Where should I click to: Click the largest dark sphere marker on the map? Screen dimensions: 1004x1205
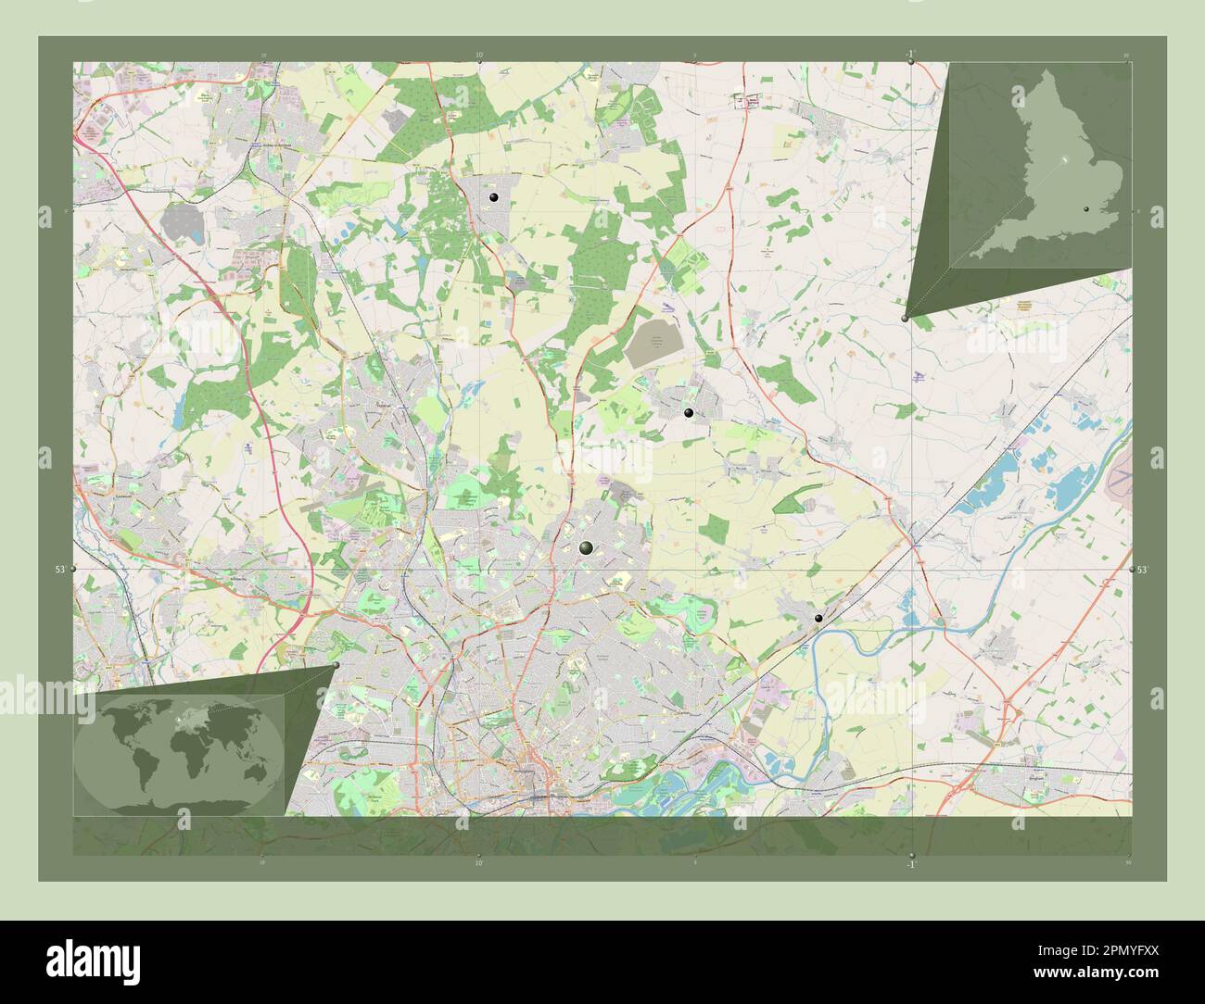tap(586, 548)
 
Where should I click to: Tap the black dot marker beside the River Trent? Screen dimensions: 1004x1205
tap(818, 618)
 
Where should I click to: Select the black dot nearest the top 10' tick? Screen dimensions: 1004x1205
tap(493, 198)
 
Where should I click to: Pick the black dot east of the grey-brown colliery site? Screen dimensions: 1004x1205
tap(688, 413)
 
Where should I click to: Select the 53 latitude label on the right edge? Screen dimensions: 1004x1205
tap(1143, 570)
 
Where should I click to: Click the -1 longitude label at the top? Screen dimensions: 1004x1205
tap(910, 54)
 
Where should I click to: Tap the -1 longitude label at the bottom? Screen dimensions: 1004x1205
tap(910, 864)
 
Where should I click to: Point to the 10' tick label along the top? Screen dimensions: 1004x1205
tap(478, 55)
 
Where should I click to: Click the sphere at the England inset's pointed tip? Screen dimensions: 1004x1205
tap(905, 318)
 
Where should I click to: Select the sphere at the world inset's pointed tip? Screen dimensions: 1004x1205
tap(336, 665)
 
